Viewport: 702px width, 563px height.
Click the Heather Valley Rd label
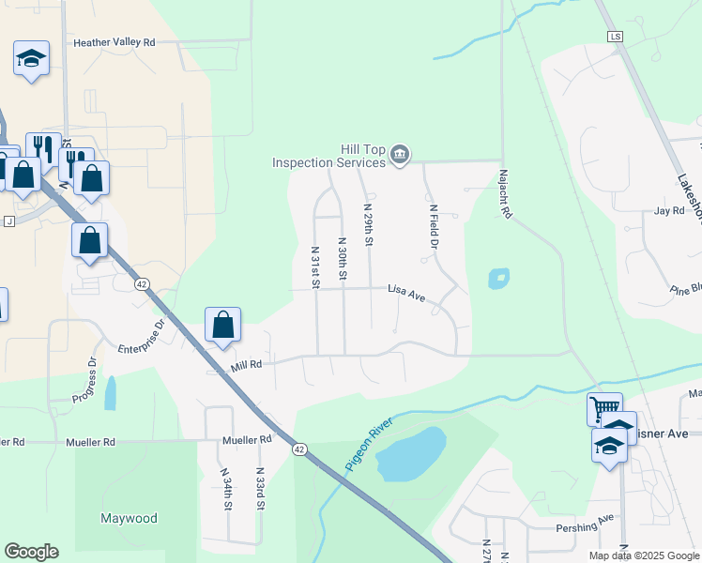click(114, 42)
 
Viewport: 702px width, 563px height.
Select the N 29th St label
click(369, 225)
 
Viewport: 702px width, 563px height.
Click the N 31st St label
click(316, 266)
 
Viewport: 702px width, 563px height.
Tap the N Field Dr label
click(434, 227)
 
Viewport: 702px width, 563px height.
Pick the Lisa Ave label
click(406, 294)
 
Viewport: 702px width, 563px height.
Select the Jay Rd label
click(669, 211)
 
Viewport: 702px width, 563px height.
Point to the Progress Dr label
click(84, 381)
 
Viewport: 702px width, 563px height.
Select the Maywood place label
click(130, 518)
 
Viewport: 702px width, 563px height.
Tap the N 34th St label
click(226, 490)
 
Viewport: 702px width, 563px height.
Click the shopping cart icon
click(604, 408)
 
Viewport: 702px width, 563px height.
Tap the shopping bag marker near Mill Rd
click(223, 325)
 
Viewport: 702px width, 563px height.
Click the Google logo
click(31, 552)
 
